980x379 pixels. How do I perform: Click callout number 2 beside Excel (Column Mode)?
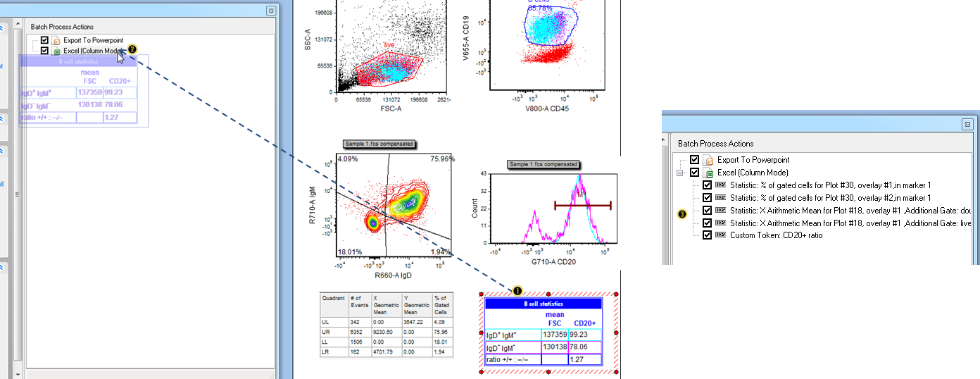(132, 50)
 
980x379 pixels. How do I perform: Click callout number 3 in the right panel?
(681, 213)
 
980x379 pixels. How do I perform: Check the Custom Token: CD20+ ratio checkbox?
(708, 235)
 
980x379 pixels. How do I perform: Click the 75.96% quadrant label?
(443, 159)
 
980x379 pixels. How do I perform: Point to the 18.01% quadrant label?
(349, 251)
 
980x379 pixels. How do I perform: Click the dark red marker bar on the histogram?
(582, 205)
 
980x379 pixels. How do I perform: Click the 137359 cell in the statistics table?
(554, 335)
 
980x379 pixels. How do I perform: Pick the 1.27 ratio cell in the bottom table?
(584, 359)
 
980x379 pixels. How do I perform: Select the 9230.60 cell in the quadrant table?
(384, 330)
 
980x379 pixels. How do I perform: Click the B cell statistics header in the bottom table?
(543, 304)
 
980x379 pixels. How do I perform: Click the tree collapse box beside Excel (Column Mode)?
(679, 173)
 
